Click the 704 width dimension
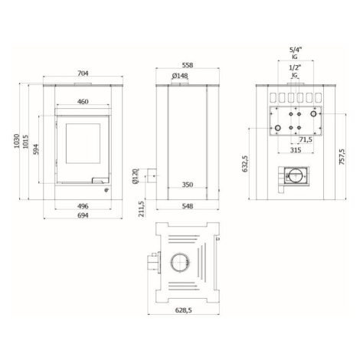[x=83, y=74]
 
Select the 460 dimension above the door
[x=83, y=102]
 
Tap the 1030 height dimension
[x=16, y=141]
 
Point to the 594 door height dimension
[x=36, y=149]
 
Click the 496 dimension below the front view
[x=83, y=206]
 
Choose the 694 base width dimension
[x=83, y=215]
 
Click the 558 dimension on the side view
[x=188, y=65]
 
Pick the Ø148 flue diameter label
[x=180, y=76]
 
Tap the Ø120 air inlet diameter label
[x=135, y=176]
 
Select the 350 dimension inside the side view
[x=188, y=185]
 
